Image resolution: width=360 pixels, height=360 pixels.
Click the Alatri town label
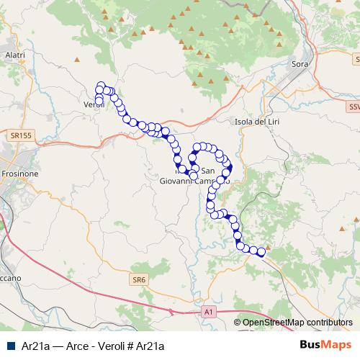pos(14,55)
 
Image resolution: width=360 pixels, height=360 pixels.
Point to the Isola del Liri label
pos(257,121)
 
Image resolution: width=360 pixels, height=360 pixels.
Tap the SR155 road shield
pos(22,135)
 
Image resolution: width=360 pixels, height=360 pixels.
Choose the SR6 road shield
pos(139,278)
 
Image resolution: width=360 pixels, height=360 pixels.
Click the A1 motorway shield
pos(208,312)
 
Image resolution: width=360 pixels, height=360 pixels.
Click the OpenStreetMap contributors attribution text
pos(297,323)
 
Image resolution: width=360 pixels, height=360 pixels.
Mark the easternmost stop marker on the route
pos(261,252)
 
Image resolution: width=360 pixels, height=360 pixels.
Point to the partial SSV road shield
pos(354,107)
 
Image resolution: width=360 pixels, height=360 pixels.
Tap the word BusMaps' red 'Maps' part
pos(338,344)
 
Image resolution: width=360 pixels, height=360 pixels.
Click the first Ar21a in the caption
pos(35,345)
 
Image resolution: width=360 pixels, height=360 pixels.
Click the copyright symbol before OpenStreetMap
pos(238,323)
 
